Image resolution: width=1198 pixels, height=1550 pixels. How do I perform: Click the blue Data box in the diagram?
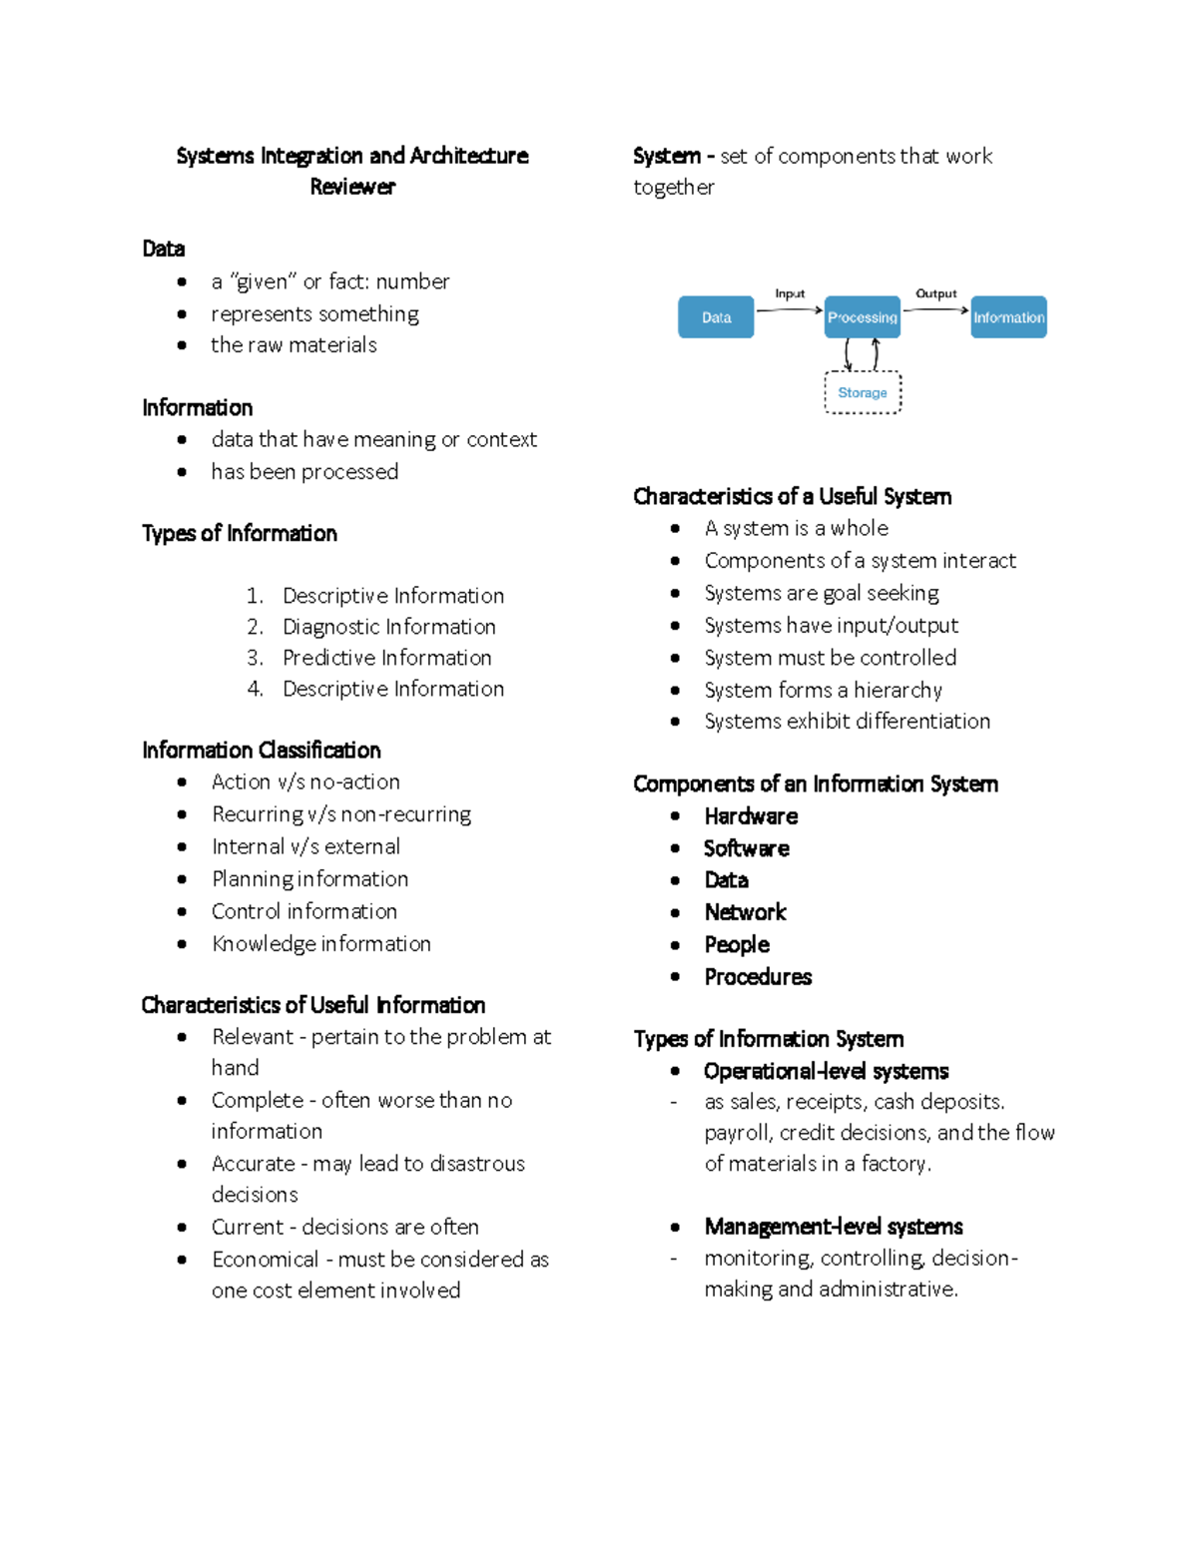716,317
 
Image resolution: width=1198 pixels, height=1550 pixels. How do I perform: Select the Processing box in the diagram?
863,317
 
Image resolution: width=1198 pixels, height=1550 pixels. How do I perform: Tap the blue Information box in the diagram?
1008,317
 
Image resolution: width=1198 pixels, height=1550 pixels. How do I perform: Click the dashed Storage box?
863,392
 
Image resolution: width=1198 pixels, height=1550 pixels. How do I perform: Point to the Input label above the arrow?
790,293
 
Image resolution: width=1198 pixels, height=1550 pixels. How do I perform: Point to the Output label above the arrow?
935,293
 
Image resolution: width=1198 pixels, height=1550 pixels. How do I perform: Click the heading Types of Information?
240,533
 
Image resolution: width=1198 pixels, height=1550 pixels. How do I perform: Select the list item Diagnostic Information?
388,627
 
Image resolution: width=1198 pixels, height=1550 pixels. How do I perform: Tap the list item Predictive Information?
386,658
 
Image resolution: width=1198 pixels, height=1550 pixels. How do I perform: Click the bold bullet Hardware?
751,816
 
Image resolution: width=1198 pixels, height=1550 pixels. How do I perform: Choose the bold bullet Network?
745,912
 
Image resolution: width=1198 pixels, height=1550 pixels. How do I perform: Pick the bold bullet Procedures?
758,977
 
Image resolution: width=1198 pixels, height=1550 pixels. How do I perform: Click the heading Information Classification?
262,750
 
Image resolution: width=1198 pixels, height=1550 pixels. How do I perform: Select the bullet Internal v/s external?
305,846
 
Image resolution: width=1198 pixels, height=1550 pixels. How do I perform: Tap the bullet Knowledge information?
320,944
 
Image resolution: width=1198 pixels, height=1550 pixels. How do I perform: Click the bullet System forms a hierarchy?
823,690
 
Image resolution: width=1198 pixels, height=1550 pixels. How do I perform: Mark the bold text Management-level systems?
833,1227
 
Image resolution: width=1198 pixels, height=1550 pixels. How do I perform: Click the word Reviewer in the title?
352,187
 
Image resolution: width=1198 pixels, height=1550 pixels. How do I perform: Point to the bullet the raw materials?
294,345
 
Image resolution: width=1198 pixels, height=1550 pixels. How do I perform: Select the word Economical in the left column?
265,1260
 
